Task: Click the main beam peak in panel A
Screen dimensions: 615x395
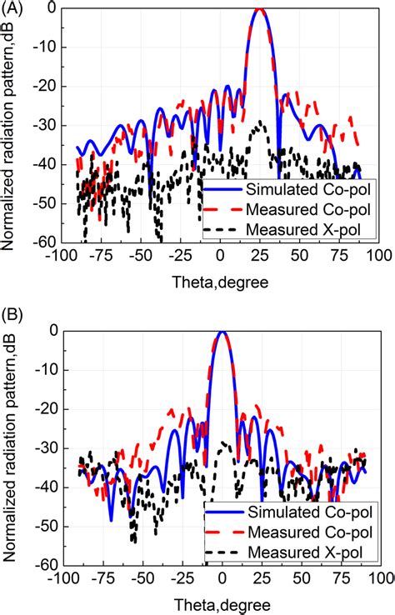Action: [260, 9]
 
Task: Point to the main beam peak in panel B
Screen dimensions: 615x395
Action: [222, 332]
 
